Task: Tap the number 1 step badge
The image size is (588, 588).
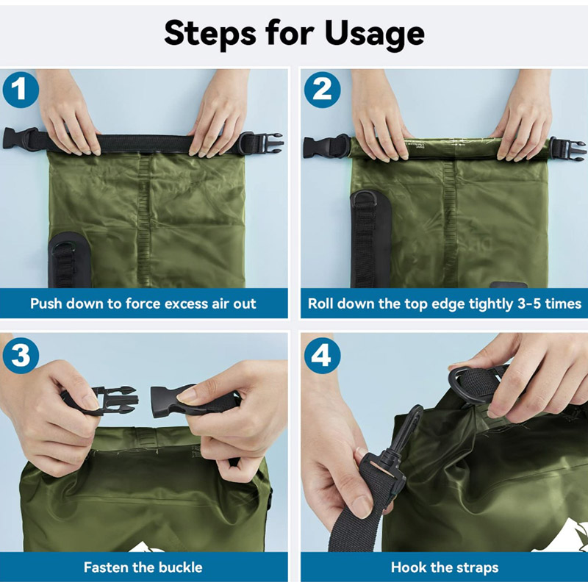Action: [x=21, y=90]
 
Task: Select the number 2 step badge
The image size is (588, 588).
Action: [x=322, y=90]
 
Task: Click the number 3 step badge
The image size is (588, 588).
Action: [x=21, y=356]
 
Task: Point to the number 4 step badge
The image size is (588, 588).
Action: [x=322, y=356]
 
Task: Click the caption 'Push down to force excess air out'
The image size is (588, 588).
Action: [x=143, y=304]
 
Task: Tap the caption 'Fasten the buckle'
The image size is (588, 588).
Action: [x=143, y=567]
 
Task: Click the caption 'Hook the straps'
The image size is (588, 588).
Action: [x=444, y=567]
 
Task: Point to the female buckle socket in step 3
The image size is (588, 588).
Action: [x=176, y=399]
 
